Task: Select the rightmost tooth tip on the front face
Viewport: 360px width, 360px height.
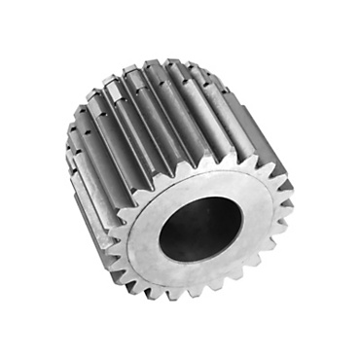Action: [x=292, y=205]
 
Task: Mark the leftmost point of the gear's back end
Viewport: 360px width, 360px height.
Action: [x=66, y=156]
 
